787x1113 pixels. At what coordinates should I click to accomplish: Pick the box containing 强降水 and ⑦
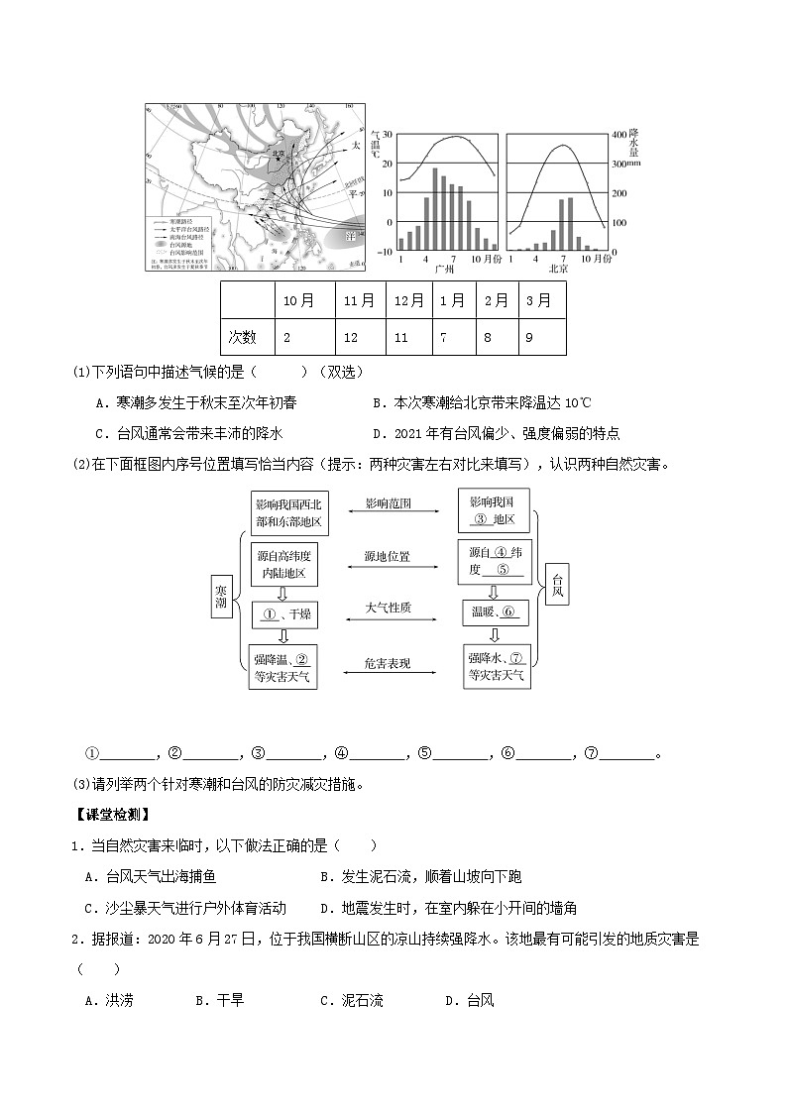496,667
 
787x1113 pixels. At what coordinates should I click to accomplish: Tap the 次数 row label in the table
243,337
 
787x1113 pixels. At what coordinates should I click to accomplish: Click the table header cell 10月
299,300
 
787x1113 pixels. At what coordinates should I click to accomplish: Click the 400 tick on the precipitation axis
619,135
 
